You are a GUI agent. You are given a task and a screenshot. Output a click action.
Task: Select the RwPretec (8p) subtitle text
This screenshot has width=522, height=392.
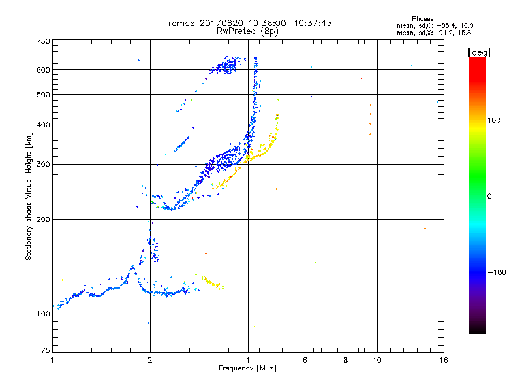coord(247,31)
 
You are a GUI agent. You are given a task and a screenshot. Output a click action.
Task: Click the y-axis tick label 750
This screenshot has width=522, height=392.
coord(43,41)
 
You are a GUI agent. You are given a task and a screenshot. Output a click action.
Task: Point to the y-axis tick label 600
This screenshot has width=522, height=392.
coord(43,70)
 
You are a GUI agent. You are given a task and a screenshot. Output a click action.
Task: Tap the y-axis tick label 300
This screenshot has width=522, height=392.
coord(43,164)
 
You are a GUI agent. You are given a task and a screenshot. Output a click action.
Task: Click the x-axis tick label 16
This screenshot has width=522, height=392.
coord(443,360)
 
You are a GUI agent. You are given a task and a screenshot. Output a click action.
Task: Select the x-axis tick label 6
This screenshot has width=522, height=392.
coord(305,360)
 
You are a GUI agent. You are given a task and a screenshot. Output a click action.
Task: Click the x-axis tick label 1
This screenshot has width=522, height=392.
coord(52,360)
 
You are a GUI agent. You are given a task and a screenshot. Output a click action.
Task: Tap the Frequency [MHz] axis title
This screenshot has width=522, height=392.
coord(247,368)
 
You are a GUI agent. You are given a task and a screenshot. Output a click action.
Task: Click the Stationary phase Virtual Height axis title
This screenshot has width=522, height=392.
coord(29,197)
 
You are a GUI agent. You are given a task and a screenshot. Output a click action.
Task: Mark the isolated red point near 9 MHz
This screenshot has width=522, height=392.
coord(361,79)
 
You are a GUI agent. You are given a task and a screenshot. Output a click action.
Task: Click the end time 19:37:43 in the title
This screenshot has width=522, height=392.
coord(309,23)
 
